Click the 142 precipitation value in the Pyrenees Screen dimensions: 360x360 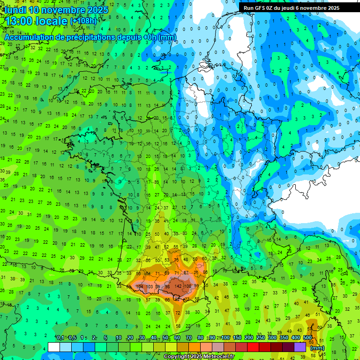(x=178, y=286)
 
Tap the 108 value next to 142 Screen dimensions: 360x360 (x=188, y=286)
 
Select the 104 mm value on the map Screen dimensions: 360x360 (x=139, y=286)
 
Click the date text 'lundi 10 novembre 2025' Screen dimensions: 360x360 (x=56, y=10)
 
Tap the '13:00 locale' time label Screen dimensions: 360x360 (x=37, y=21)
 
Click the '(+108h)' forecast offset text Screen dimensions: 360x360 (x=83, y=21)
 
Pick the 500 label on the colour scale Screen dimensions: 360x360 (x=307, y=337)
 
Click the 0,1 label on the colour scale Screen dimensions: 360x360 (x=60, y=337)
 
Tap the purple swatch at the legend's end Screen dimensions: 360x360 (x=300, y=347)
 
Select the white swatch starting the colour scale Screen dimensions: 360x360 (x=54, y=347)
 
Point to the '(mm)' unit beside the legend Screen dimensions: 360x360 (x=317, y=348)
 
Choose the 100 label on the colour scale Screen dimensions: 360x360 (x=225, y=337)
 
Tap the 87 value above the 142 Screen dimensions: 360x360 (x=186, y=272)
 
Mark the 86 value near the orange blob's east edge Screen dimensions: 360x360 (x=204, y=272)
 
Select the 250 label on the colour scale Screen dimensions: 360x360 (x=261, y=337)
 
